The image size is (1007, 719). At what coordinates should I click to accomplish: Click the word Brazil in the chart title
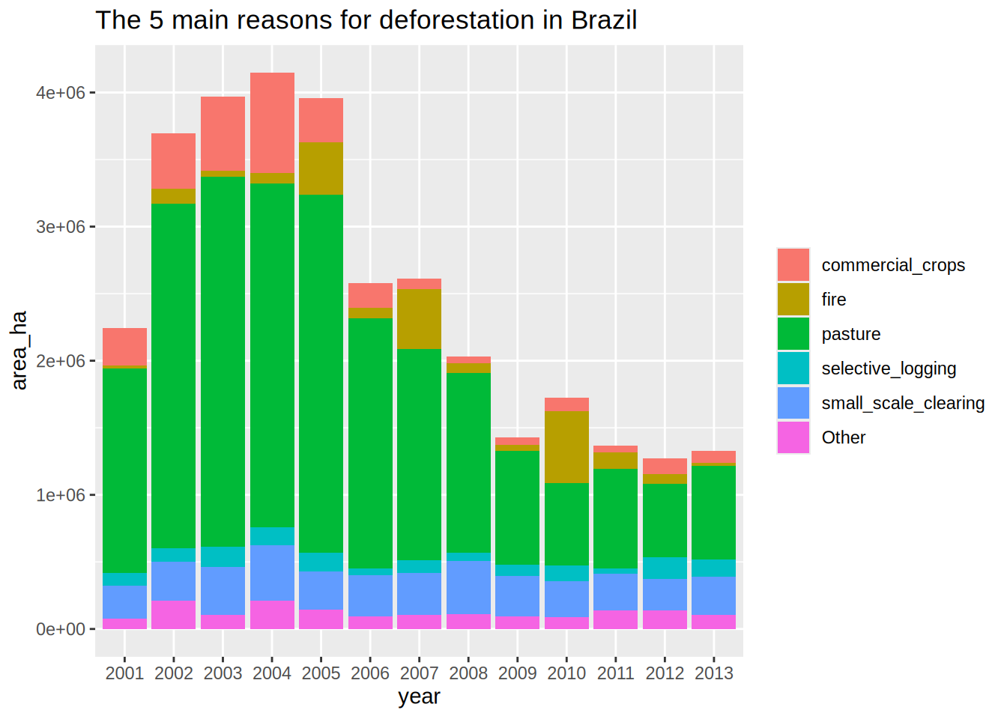point(604,20)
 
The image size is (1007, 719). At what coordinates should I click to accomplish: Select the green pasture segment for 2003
point(223,359)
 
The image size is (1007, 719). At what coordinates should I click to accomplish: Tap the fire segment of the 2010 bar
point(566,447)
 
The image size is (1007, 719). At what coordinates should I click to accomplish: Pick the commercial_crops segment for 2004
point(272,123)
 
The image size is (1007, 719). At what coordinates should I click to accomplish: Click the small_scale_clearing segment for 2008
point(468,587)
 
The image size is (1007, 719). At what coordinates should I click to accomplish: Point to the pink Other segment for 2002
point(174,614)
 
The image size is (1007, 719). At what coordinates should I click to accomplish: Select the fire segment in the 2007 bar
point(420,318)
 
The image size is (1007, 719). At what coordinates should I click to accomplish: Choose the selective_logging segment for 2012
point(665,568)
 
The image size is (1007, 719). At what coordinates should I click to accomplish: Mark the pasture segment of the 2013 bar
point(713,512)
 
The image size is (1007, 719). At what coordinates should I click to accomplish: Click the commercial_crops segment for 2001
point(124,346)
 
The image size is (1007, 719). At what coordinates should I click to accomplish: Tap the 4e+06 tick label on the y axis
point(61,93)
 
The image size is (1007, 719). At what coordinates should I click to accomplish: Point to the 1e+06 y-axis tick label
point(61,495)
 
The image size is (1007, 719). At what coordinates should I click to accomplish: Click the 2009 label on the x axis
point(518,673)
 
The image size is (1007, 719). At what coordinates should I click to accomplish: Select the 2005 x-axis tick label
point(321,673)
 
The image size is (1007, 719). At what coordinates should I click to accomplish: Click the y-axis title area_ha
point(19,350)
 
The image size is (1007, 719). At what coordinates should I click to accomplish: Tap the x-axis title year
point(419,697)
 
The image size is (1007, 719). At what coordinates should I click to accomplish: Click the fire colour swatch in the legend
point(793,300)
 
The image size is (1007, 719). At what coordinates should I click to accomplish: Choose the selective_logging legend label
point(889,368)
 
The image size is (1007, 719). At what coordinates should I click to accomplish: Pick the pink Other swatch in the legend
point(793,437)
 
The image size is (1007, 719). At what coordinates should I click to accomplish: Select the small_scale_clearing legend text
point(903,403)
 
